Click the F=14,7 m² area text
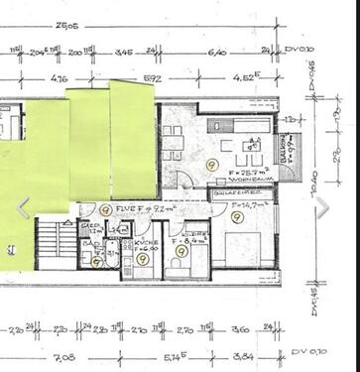click(x=242, y=204)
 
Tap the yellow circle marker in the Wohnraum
click(x=210, y=164)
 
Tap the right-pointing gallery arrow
click(x=321, y=206)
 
